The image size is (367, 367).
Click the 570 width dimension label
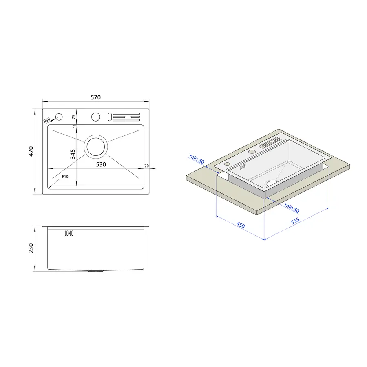point(96,97)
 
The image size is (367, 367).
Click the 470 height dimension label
point(31,151)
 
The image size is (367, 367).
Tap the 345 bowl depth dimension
point(73,154)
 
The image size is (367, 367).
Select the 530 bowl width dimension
point(101,165)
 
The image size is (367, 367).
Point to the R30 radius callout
point(47,120)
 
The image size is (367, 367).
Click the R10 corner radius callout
point(65,177)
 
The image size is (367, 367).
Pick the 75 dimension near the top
point(74,117)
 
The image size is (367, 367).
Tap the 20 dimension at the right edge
point(146,166)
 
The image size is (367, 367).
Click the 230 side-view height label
point(31,248)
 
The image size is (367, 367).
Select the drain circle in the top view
point(96,147)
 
